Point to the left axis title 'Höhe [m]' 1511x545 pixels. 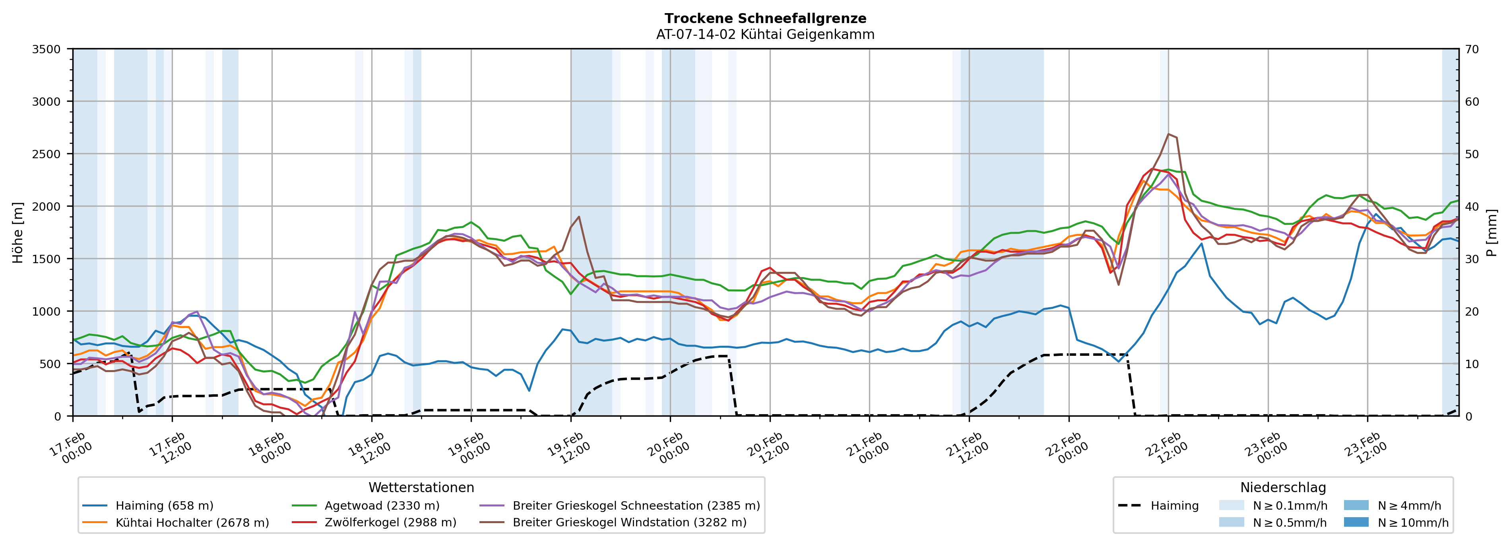pos(17,232)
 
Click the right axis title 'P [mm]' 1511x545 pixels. pos(1492,232)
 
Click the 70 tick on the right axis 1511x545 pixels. pos(1472,49)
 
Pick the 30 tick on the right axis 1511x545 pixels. pos(1472,259)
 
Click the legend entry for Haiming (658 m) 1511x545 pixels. pos(164,506)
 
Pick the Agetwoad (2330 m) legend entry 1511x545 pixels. pos(382,506)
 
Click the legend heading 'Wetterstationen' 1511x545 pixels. pos(421,487)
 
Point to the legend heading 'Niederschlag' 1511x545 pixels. pos(1283,487)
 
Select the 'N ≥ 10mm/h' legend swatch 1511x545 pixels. pos(1356,522)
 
